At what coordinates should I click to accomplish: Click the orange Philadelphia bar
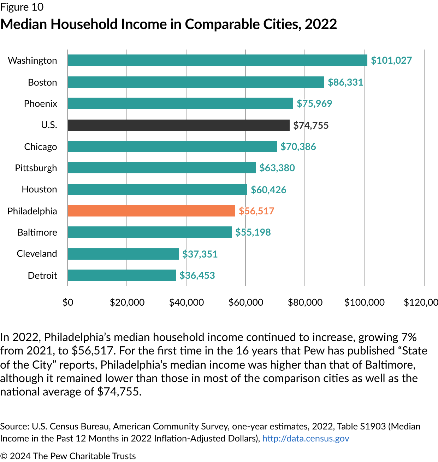tap(151, 211)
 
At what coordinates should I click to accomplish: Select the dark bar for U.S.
tap(178, 125)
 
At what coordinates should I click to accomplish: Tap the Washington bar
tap(217, 60)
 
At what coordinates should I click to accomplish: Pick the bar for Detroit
tap(122, 275)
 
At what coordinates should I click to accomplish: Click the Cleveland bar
tap(123, 254)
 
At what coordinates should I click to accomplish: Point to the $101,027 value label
tap(391, 60)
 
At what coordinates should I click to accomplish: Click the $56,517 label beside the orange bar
tap(256, 211)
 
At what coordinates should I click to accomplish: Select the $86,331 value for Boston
tap(345, 82)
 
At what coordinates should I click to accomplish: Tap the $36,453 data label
tap(197, 275)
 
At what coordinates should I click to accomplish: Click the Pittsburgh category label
tap(36, 168)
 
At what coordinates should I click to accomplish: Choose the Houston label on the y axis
tap(39, 189)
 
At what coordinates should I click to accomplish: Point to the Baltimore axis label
tap(37, 232)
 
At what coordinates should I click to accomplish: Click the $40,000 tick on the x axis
tap(187, 302)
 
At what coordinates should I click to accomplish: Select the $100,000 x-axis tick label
tap(365, 302)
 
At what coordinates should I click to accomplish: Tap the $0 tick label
tap(68, 302)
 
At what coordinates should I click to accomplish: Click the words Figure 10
tap(22, 7)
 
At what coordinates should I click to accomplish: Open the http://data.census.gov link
tap(306, 438)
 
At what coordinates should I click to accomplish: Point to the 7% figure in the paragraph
tap(409, 337)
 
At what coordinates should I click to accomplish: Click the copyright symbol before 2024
tap(4, 456)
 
